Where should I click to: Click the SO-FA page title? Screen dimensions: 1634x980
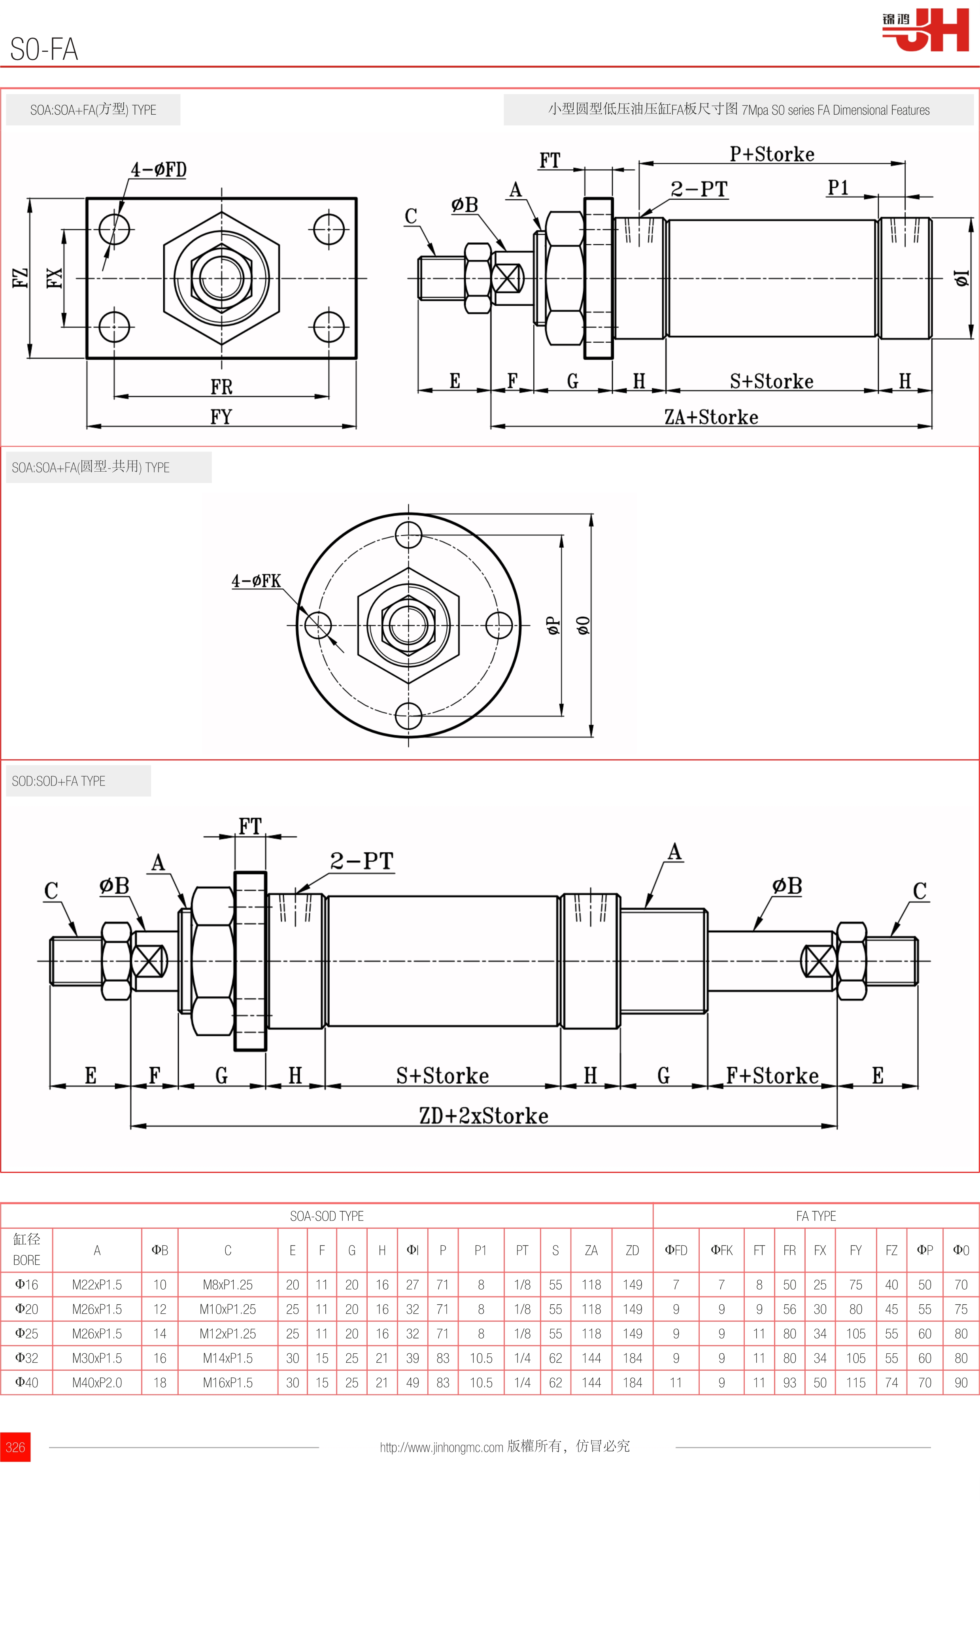click(44, 49)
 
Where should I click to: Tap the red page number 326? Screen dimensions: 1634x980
click(15, 1447)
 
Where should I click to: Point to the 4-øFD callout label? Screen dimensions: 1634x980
click(159, 170)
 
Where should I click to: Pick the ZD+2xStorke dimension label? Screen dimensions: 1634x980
click(483, 1116)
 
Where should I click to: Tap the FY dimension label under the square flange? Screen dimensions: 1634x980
click(221, 417)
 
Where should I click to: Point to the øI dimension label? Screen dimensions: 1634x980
click(961, 278)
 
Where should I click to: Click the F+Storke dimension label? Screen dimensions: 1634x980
click(772, 1075)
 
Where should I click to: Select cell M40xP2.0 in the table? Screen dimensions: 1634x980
click(97, 1383)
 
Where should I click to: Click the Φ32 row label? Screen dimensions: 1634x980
click(26, 1358)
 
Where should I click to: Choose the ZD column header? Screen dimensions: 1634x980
click(632, 1250)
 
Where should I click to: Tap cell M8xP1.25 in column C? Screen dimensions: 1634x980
click(227, 1285)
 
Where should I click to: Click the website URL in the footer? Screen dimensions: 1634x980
click(441, 1447)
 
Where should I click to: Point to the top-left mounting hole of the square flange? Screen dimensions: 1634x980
click(114, 229)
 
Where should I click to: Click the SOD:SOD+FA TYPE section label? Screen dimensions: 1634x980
click(59, 781)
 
